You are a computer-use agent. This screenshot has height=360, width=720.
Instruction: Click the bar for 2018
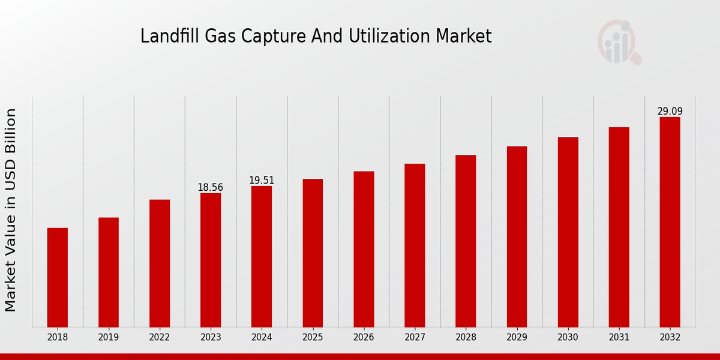click(58, 277)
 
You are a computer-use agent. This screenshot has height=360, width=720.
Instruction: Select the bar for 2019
click(109, 272)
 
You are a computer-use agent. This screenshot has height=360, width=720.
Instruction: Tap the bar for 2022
click(160, 263)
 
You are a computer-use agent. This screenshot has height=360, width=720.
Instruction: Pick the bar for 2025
click(313, 253)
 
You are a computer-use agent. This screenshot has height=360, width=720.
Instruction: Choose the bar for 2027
click(415, 245)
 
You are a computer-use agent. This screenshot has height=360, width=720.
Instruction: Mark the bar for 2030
click(568, 232)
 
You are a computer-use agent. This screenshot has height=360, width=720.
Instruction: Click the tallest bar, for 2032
click(670, 222)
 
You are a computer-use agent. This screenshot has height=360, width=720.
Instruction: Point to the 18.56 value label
click(210, 188)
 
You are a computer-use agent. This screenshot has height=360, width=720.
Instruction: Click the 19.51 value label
click(262, 181)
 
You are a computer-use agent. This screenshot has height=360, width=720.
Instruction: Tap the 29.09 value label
click(670, 112)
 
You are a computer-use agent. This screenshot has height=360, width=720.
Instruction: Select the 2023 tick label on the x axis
click(211, 338)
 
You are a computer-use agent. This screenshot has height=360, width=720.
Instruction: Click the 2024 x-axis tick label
click(262, 338)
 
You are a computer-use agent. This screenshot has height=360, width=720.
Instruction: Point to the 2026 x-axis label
click(364, 338)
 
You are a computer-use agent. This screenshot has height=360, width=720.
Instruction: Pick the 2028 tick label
click(466, 338)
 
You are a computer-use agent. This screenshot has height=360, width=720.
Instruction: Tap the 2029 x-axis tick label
click(517, 338)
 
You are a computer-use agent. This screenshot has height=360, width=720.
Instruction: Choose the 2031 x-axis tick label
click(619, 338)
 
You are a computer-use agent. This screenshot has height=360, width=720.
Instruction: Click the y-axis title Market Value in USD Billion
click(11, 210)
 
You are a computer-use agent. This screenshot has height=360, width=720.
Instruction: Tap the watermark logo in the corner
click(619, 42)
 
